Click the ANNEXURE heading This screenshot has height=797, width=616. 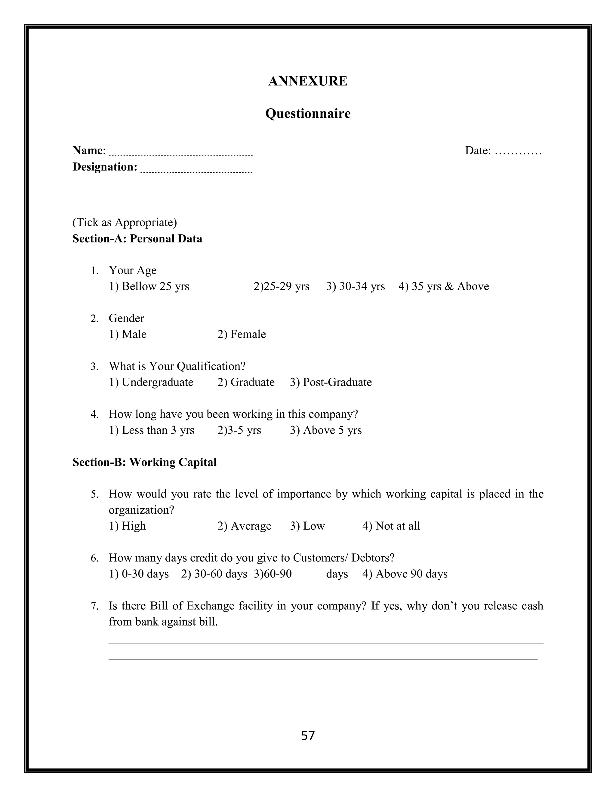click(x=308, y=81)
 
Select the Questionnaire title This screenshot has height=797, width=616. click(x=308, y=113)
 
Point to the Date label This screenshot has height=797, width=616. click(x=478, y=150)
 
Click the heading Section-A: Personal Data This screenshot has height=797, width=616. click(x=137, y=239)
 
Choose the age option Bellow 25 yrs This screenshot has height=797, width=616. click(x=149, y=286)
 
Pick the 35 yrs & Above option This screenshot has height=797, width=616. click(x=444, y=286)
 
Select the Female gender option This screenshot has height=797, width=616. click(x=242, y=334)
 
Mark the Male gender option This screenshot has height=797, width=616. click(x=128, y=334)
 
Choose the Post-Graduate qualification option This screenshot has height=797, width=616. click(x=331, y=382)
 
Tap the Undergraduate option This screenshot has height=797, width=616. click(x=151, y=382)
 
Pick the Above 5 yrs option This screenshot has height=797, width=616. click(x=326, y=430)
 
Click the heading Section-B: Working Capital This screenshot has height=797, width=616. click(x=144, y=462)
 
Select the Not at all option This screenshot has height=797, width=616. click(x=391, y=526)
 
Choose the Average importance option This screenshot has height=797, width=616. click(x=245, y=526)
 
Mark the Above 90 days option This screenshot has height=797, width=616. click(x=405, y=574)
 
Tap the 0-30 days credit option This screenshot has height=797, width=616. click(x=139, y=574)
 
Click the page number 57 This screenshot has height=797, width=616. click(x=308, y=736)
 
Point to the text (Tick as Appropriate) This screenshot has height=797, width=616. click(x=125, y=222)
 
